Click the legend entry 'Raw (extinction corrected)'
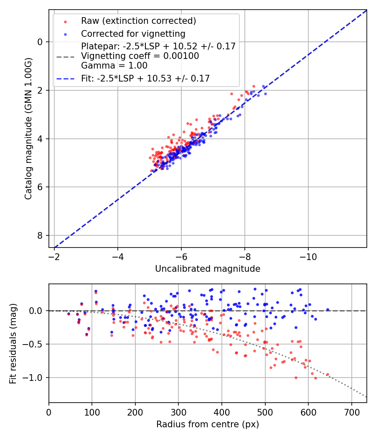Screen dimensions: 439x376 tap(138, 21)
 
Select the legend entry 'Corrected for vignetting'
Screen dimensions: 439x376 tap(133, 33)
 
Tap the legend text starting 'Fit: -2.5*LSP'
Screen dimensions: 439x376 tap(145, 78)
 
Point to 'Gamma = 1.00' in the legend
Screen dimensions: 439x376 tap(114, 65)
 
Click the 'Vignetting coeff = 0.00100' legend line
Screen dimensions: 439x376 tap(140, 56)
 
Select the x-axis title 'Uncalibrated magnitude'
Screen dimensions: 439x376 tap(208, 269)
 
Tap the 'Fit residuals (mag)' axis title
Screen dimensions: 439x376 tap(13, 343)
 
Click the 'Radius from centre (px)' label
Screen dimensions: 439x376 tap(208, 424)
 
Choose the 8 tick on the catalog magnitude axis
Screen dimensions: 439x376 tap(40, 236)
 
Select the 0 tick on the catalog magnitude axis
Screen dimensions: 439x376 tap(40, 42)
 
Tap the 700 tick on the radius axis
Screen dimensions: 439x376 tap(351, 411)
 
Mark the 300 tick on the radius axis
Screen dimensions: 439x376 tap(178, 411)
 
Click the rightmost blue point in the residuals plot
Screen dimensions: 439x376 tap(328, 310)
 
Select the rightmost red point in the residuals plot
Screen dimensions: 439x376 tap(328, 375)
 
